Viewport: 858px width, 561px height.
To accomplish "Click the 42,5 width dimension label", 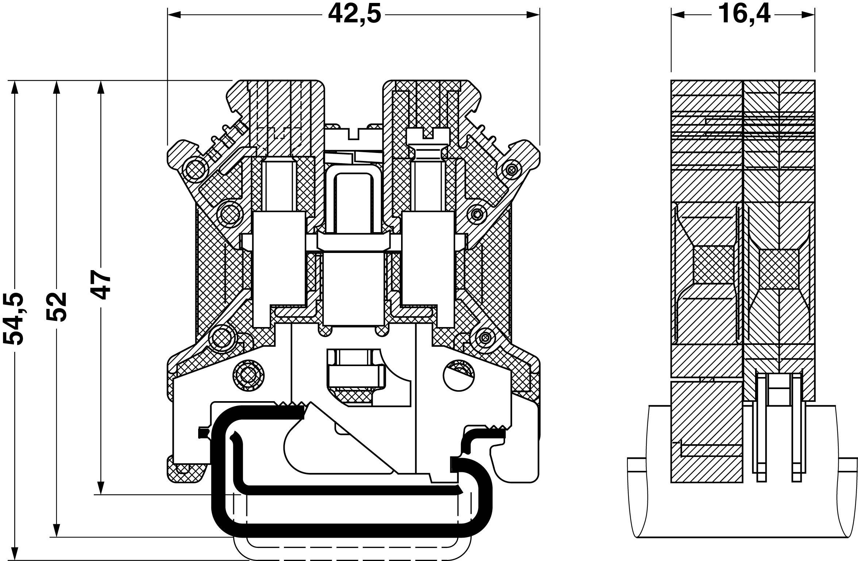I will [354, 15].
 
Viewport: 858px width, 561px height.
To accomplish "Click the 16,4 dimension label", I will [743, 15].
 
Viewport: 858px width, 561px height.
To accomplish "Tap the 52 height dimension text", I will [57, 307].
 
